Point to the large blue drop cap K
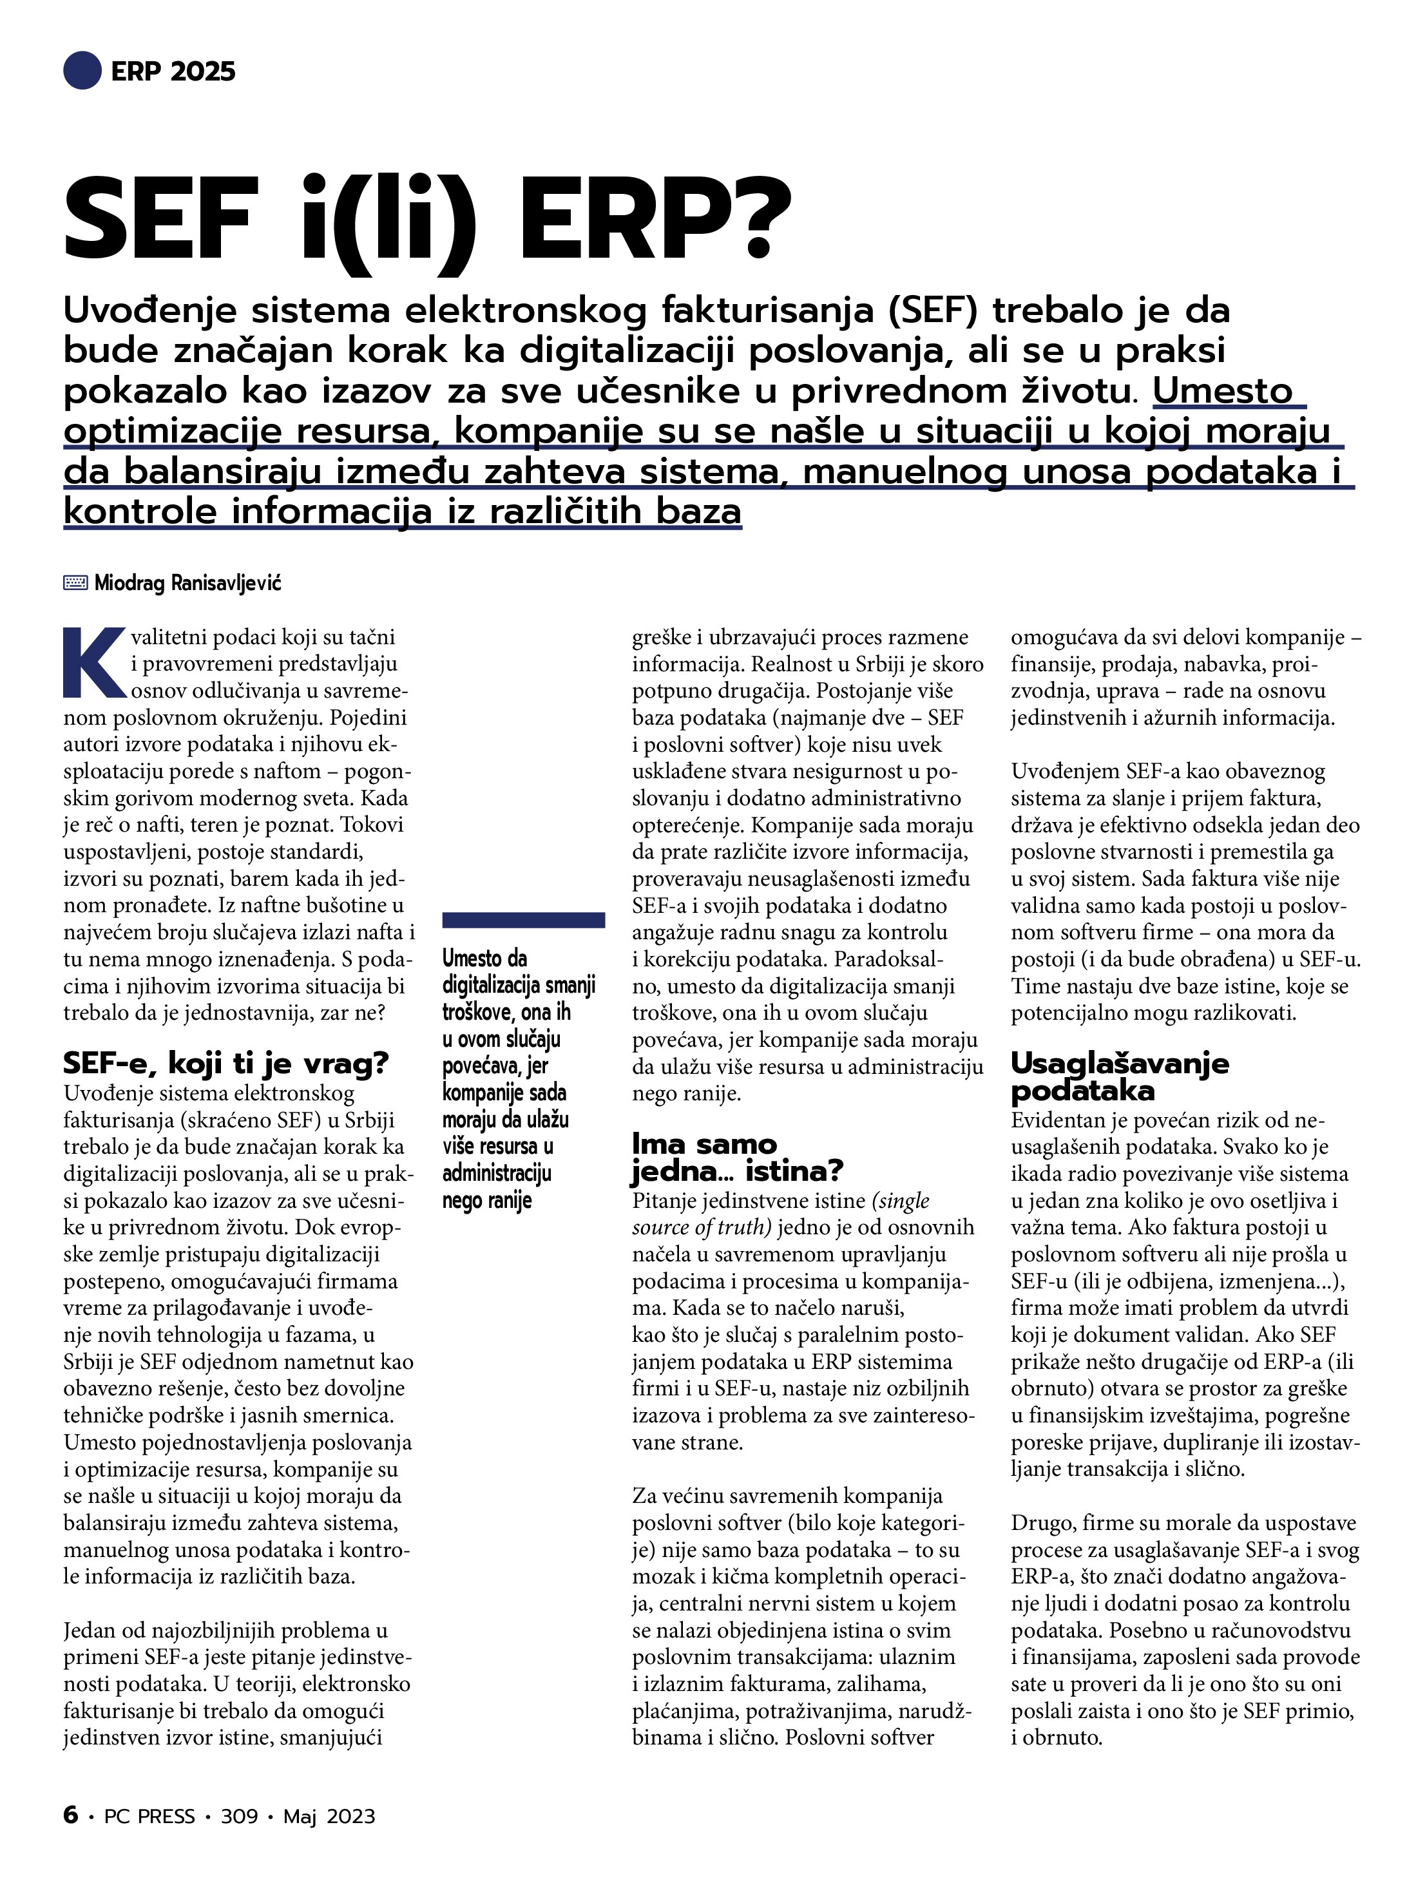coord(93,663)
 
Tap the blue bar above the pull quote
coord(524,919)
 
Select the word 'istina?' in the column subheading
coord(794,1171)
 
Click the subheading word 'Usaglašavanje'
coord(1120,1063)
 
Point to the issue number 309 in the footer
coord(239,1817)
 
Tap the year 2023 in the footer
coord(350,1817)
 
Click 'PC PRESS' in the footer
coord(149,1817)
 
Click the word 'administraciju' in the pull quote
coord(496,1173)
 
